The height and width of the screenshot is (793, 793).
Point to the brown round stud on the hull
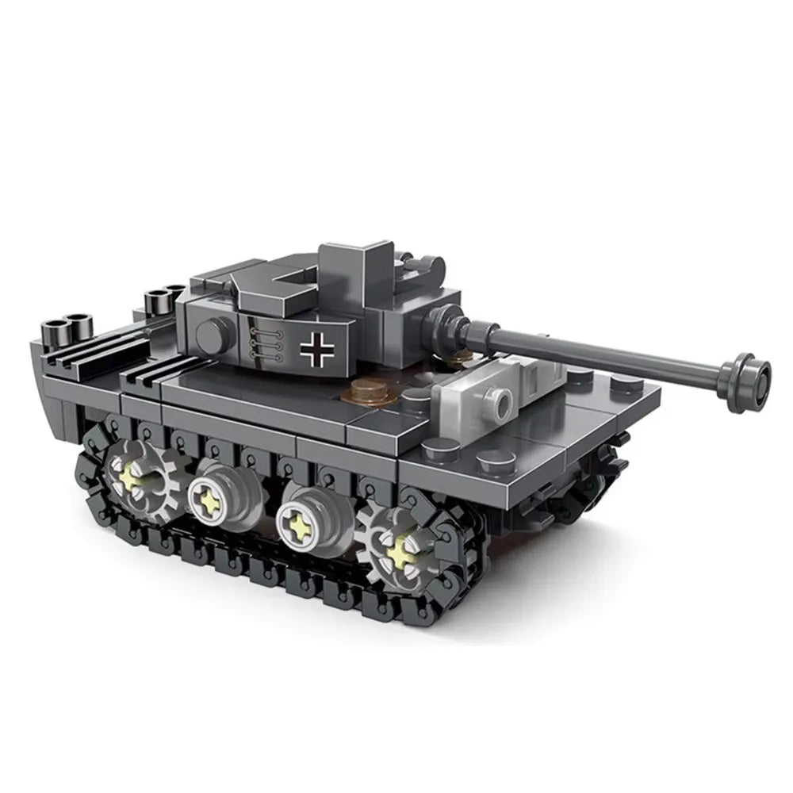coord(366,389)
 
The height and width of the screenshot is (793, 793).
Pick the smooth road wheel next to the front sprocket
coord(304,522)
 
